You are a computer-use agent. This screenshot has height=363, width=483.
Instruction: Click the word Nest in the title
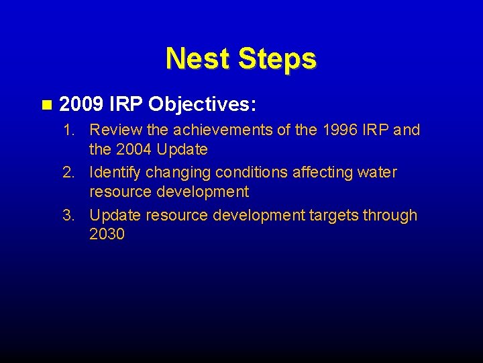(195, 58)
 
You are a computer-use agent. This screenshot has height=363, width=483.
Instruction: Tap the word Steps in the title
(274, 58)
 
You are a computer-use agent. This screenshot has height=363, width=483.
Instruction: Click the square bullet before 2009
(46, 105)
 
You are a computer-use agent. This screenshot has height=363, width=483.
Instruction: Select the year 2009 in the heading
(80, 105)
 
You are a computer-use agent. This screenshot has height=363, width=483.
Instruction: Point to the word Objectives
(204, 105)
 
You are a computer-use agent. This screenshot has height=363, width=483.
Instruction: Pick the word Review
(112, 130)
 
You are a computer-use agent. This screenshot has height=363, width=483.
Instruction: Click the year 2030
(107, 235)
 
